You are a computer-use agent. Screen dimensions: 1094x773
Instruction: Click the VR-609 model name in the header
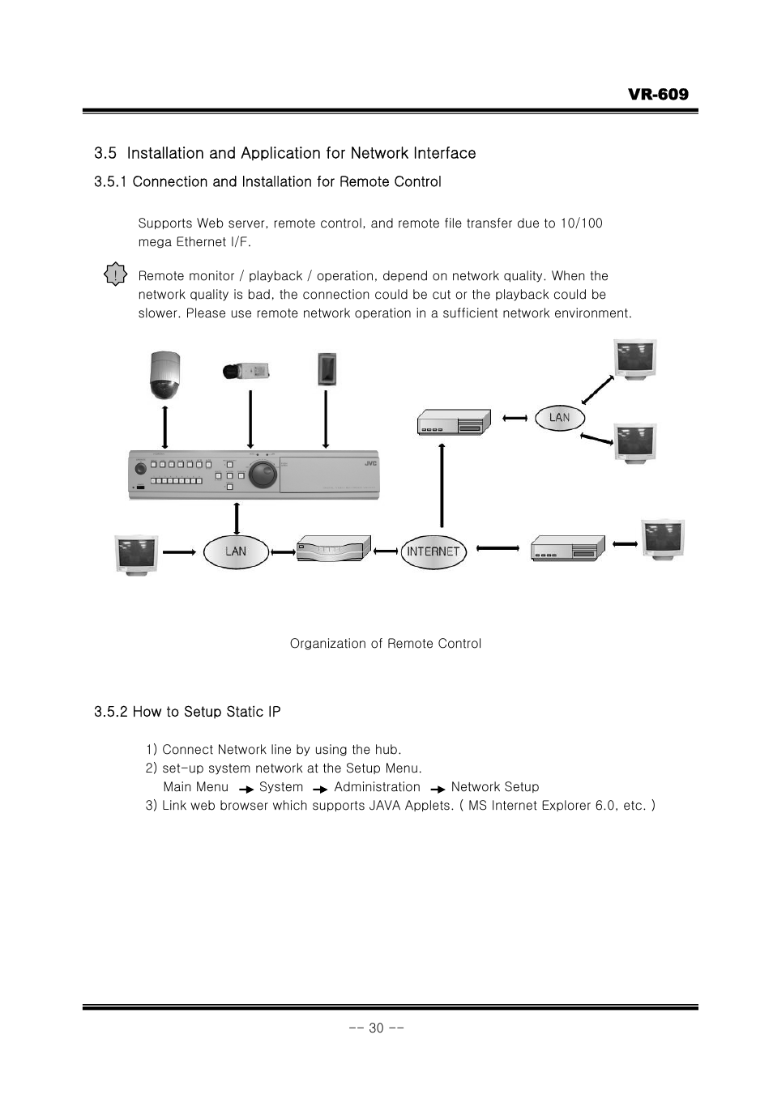(x=657, y=94)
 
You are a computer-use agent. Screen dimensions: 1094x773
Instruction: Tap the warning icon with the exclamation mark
(x=117, y=275)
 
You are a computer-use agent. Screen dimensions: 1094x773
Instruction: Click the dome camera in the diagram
(x=165, y=376)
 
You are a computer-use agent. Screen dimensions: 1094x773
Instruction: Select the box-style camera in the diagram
(x=246, y=371)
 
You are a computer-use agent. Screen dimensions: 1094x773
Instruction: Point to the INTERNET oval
(x=433, y=551)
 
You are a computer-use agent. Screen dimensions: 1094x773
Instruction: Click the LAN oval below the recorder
(x=235, y=551)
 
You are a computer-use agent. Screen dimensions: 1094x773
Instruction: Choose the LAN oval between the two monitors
(x=559, y=417)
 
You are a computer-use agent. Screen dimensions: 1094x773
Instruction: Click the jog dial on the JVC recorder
(x=263, y=475)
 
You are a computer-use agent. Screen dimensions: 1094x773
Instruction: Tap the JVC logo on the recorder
(x=369, y=463)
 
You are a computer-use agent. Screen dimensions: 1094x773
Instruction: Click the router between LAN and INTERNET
(x=334, y=549)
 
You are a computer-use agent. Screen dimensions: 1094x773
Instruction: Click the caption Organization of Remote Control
(x=386, y=644)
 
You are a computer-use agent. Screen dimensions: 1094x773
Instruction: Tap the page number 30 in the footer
(x=376, y=1028)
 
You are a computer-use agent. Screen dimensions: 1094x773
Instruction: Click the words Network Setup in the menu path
(x=494, y=787)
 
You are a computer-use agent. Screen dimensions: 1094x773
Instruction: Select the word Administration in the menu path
(x=377, y=787)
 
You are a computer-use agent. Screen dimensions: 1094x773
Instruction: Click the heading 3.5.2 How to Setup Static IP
(x=187, y=712)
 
